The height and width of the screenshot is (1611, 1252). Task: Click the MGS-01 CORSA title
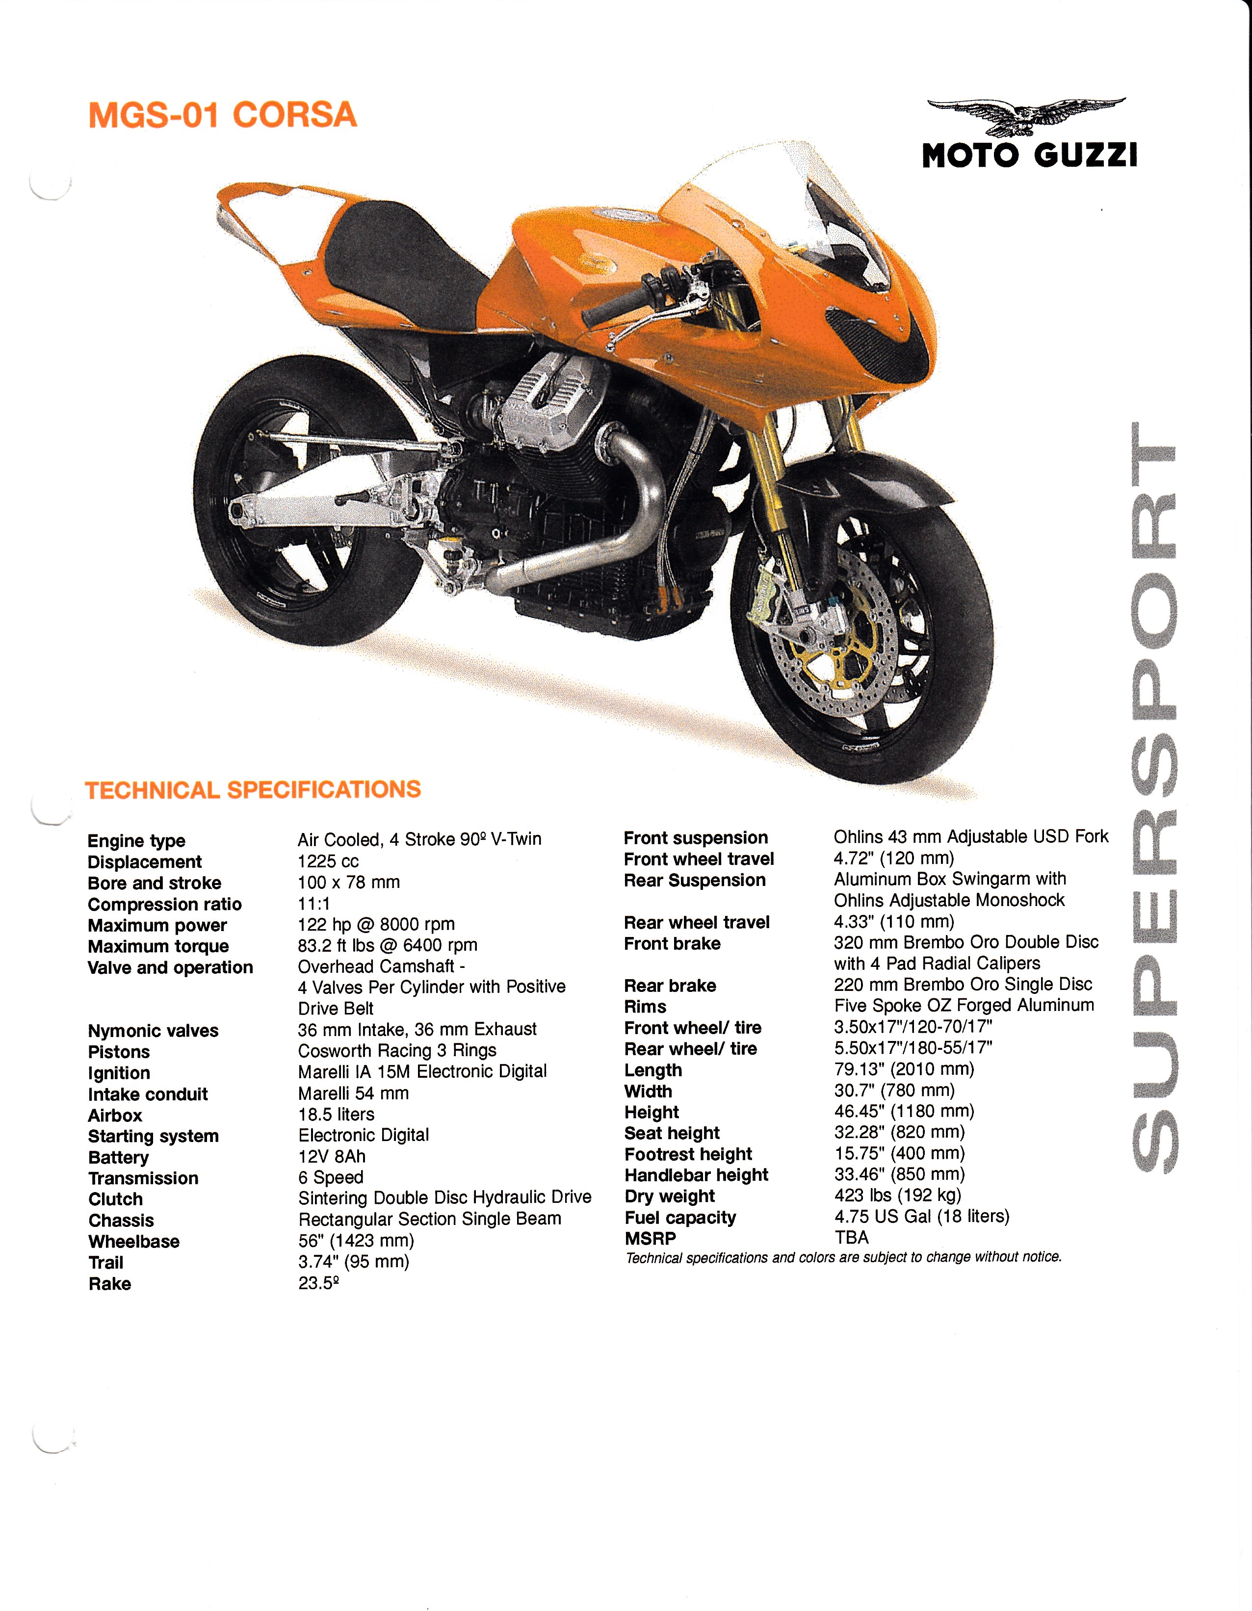pos(222,116)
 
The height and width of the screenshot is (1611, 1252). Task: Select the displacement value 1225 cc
pos(328,861)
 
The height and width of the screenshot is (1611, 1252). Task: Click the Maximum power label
pos(157,925)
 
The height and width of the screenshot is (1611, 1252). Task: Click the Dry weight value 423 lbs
pos(897,1195)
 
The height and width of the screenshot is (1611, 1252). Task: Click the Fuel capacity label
pos(679,1217)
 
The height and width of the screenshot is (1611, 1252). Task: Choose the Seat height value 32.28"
pos(899,1132)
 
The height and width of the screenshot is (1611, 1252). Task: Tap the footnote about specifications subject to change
pos(843,1257)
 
